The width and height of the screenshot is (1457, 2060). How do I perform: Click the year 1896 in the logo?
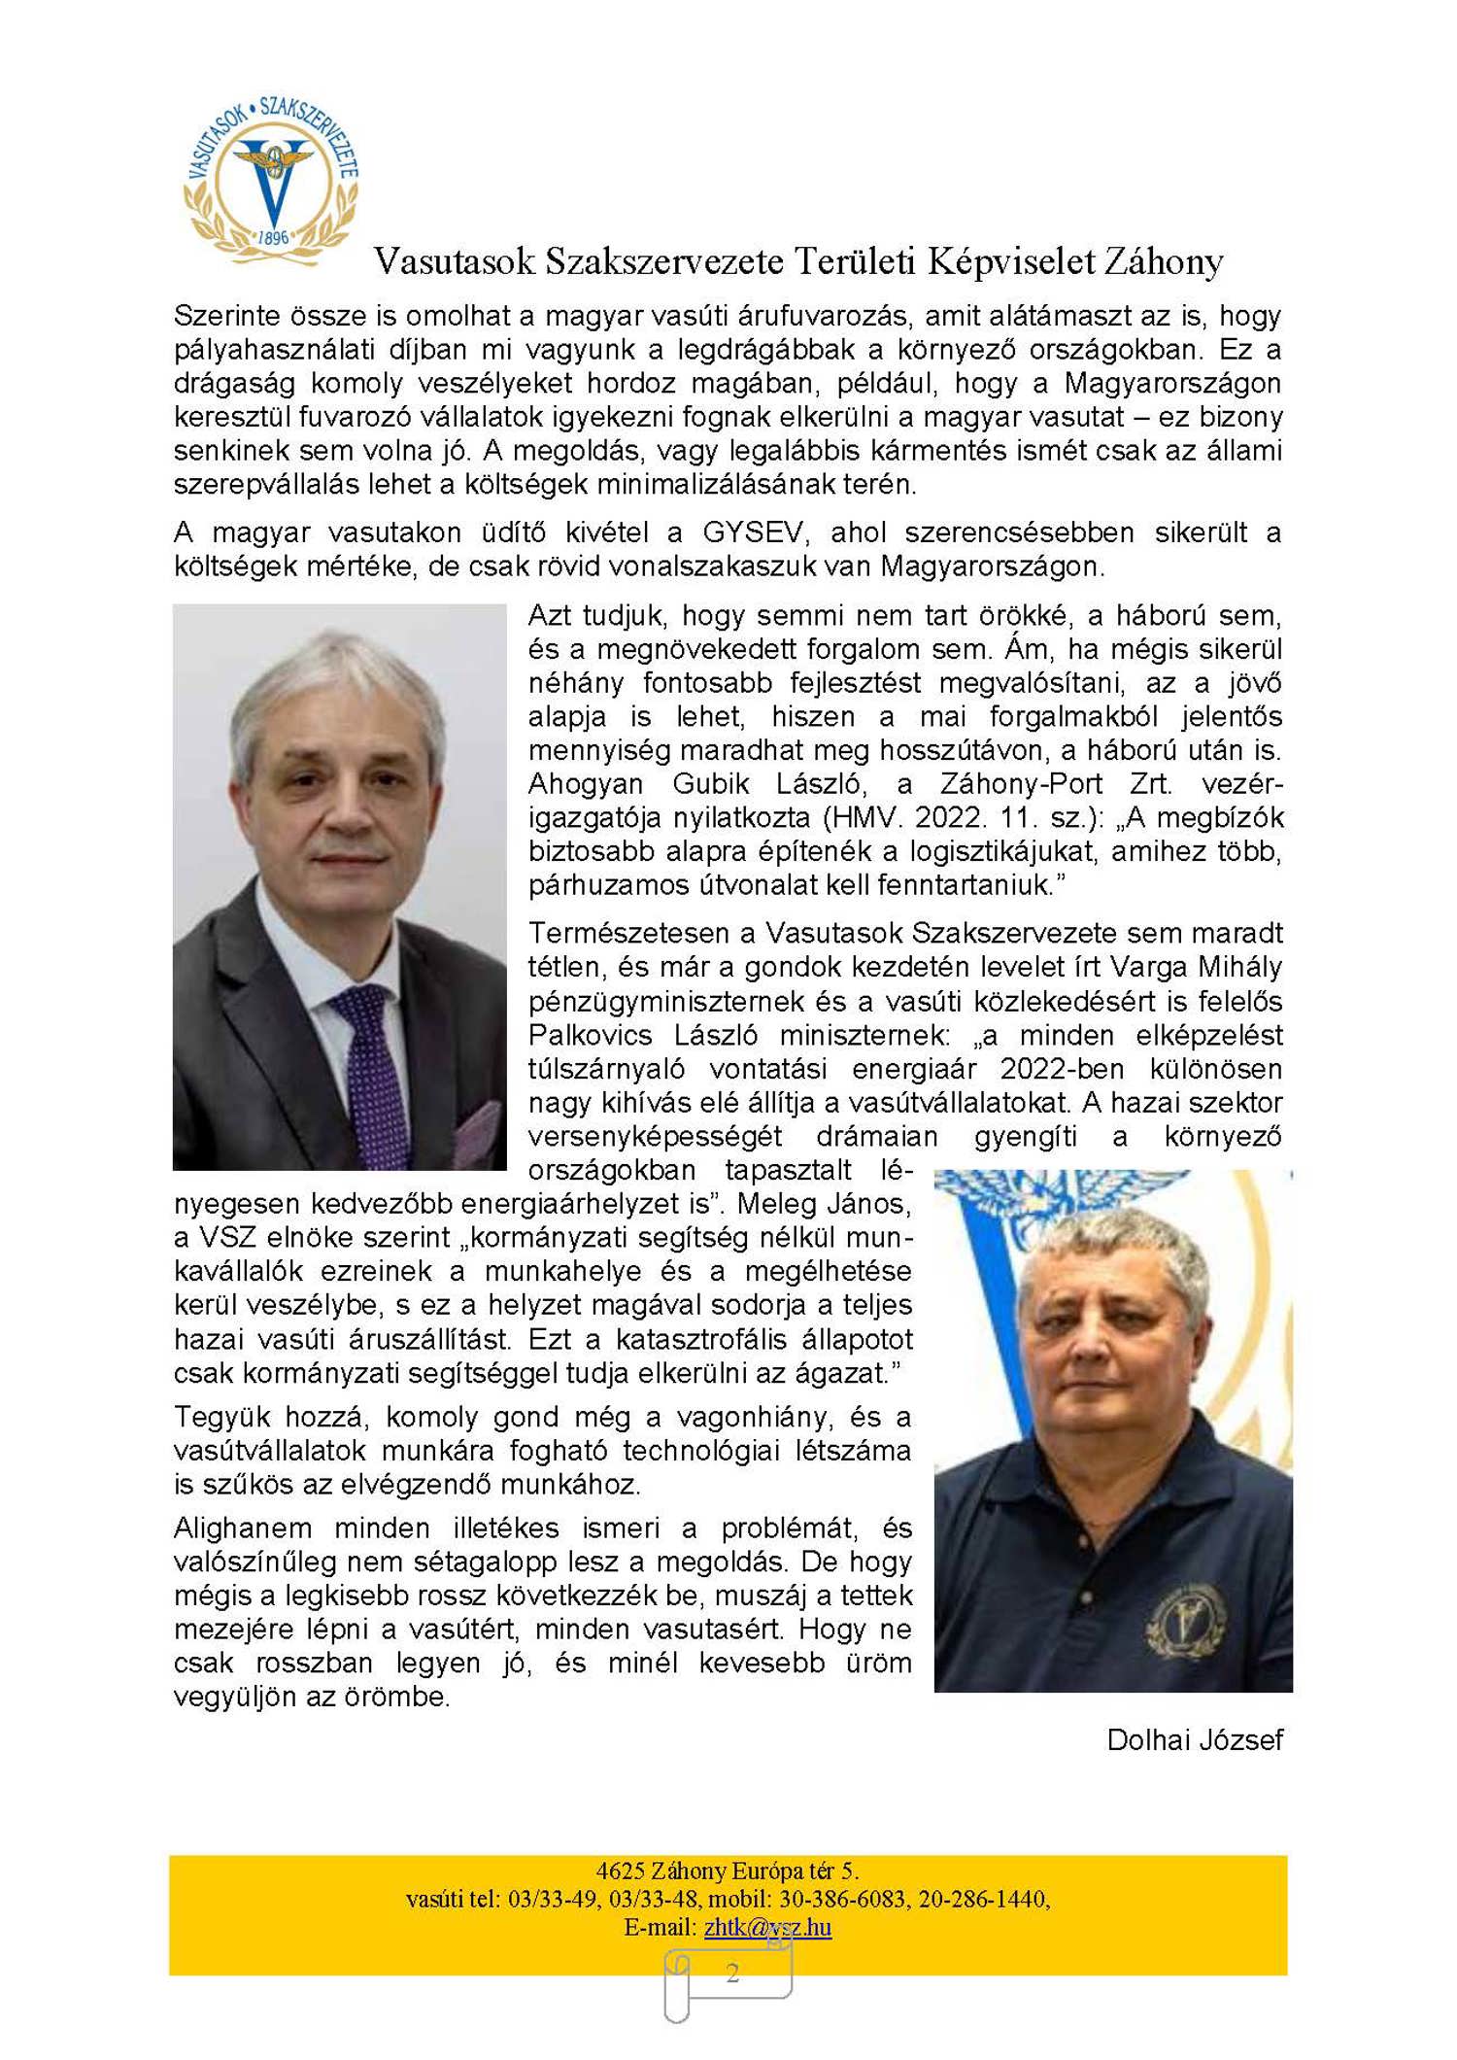pyautogui.click(x=273, y=237)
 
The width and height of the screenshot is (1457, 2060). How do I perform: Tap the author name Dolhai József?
pyautogui.click(x=1194, y=1740)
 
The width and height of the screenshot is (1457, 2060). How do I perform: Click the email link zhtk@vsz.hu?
pyautogui.click(x=767, y=1927)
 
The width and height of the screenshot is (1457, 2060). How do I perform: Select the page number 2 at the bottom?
pyautogui.click(x=732, y=1973)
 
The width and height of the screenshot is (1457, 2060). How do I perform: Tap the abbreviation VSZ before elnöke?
pyautogui.click(x=228, y=1238)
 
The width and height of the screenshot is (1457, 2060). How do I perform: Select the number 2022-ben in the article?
pyautogui.click(x=1062, y=1069)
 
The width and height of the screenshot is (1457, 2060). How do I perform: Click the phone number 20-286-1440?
pyautogui.click(x=982, y=1899)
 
